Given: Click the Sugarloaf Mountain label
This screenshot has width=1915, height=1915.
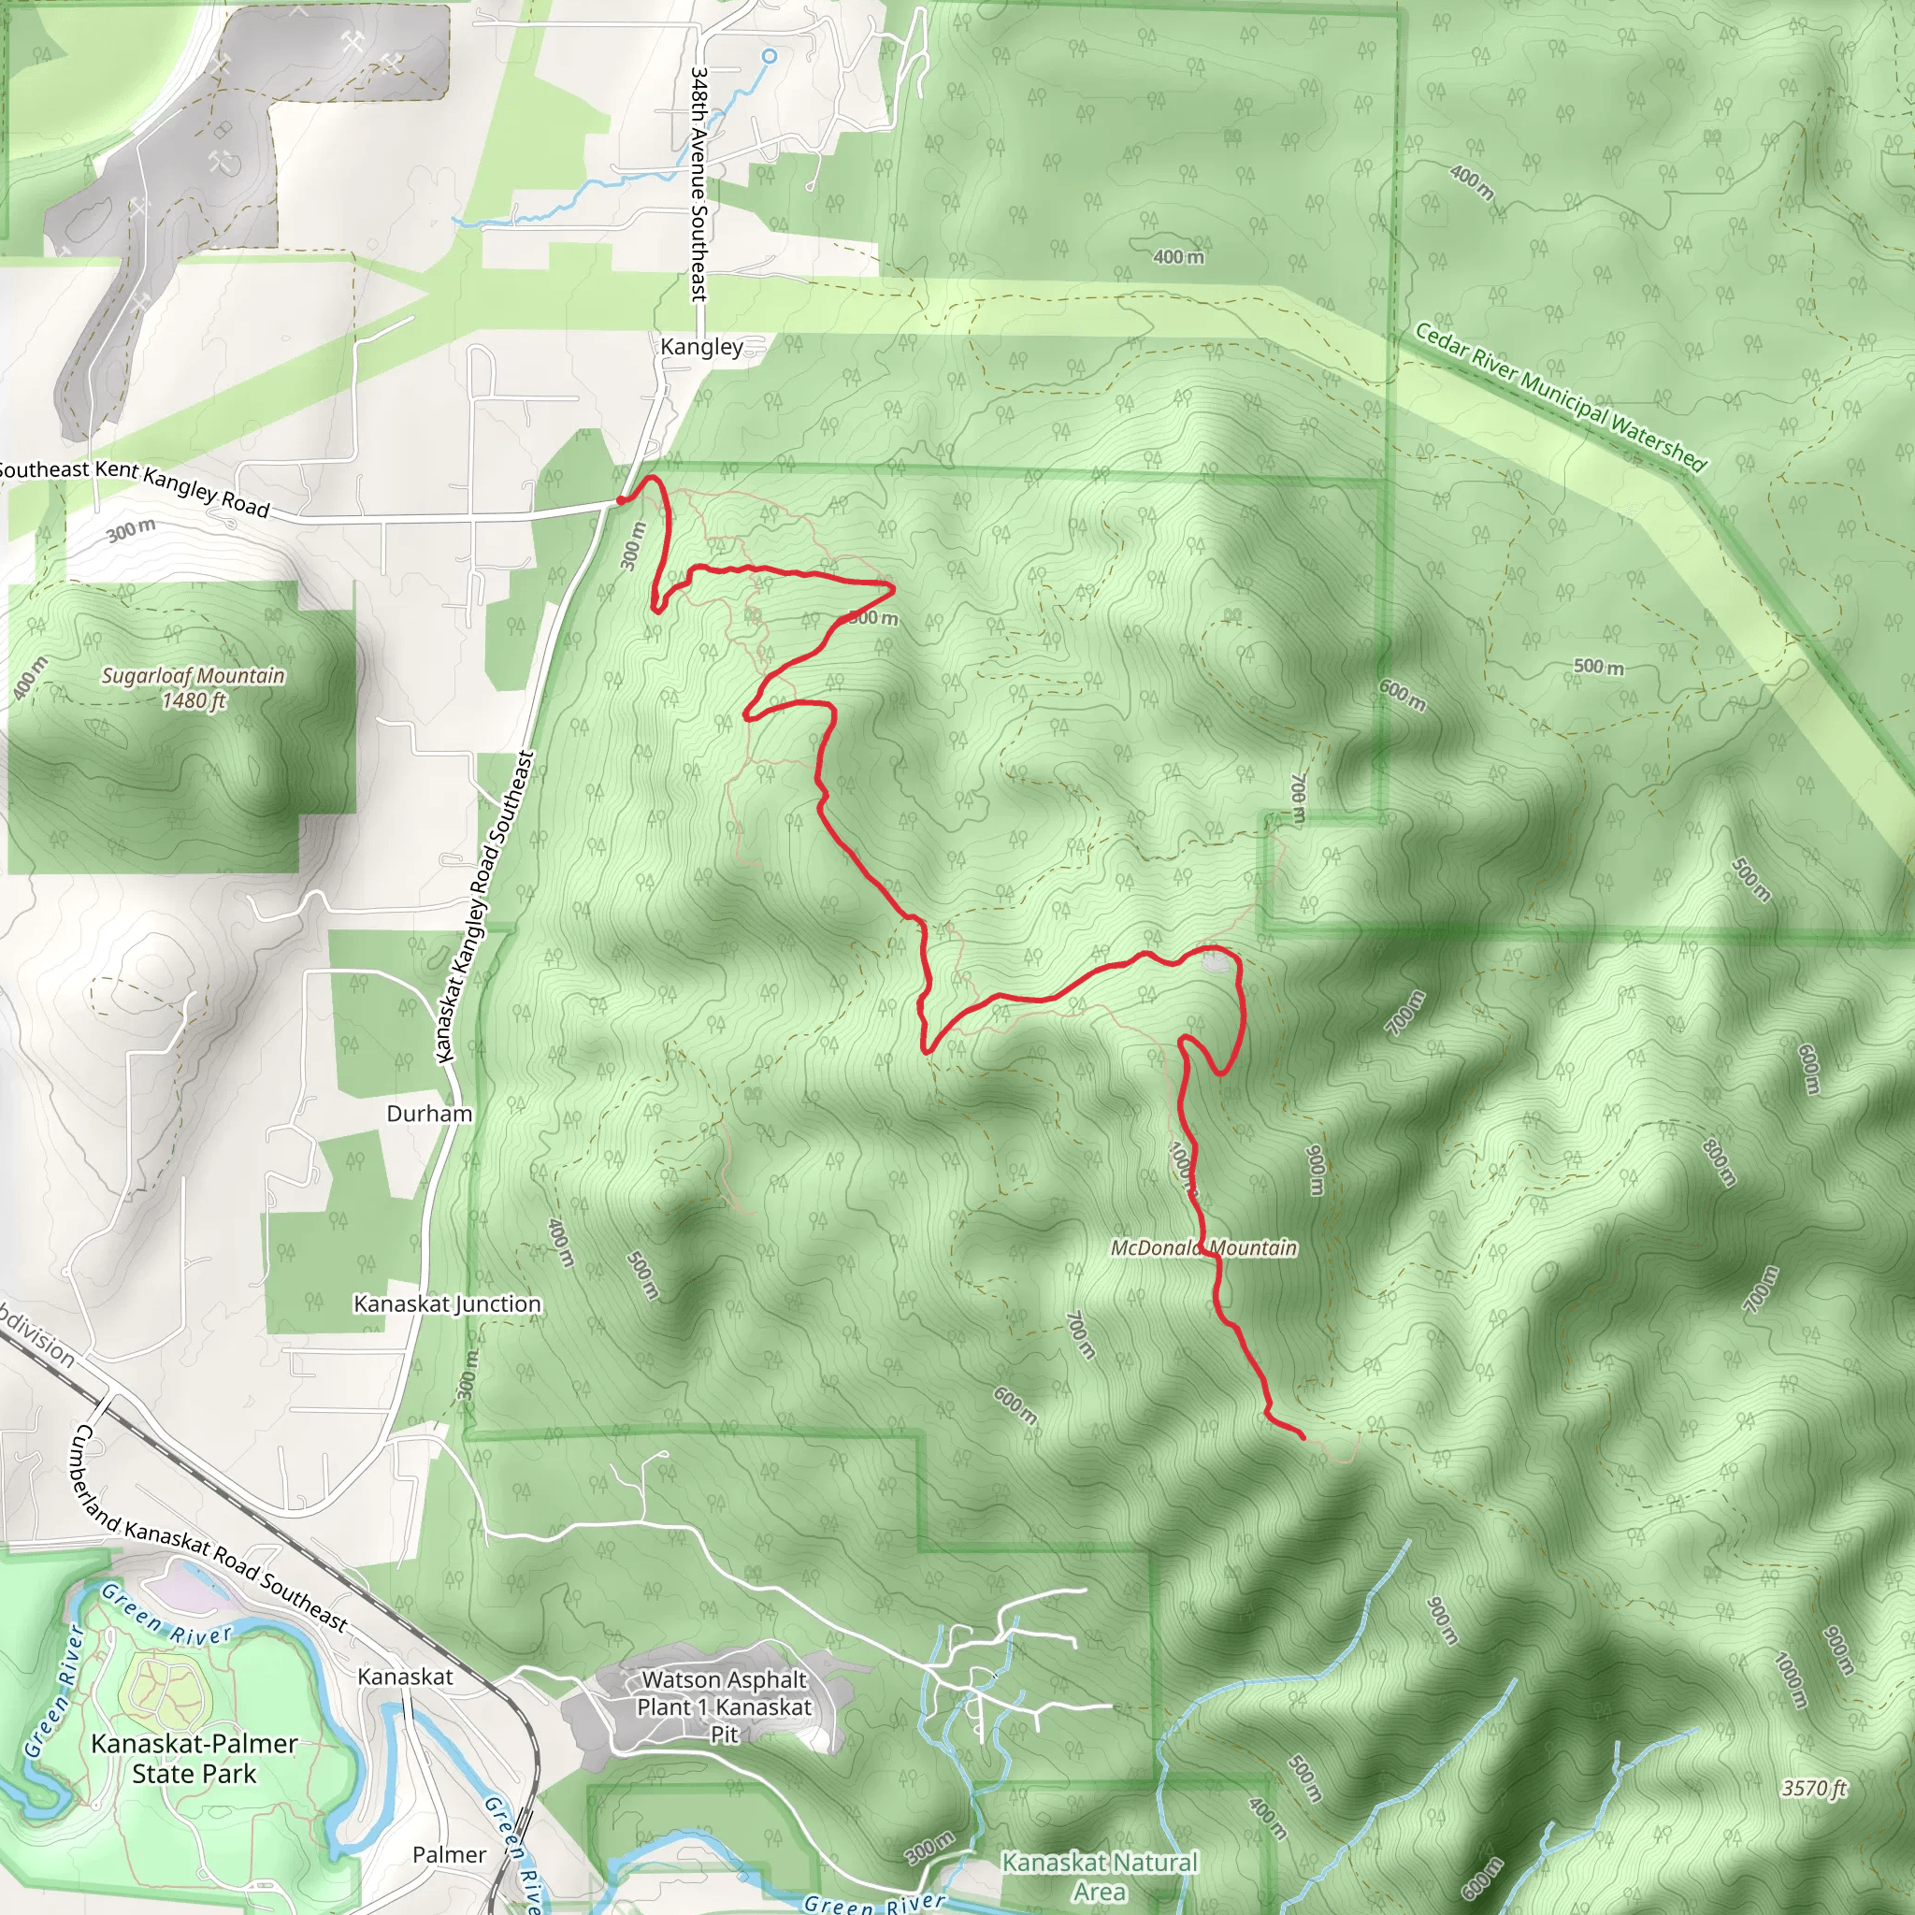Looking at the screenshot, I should [x=194, y=676].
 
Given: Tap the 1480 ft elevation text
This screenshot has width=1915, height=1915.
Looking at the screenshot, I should [x=194, y=700].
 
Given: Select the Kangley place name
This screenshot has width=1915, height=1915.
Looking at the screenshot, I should [x=700, y=347].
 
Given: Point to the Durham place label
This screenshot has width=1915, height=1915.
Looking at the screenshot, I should [x=429, y=1113].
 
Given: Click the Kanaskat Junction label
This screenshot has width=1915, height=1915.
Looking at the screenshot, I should [x=447, y=1303].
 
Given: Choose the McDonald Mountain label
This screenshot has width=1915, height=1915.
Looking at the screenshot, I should [x=1203, y=1248].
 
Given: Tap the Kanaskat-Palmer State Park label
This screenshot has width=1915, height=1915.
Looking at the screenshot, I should [x=194, y=1759].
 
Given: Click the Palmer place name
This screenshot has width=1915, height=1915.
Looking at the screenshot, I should [x=449, y=1854].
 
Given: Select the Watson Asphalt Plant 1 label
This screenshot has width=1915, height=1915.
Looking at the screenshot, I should [x=725, y=1693].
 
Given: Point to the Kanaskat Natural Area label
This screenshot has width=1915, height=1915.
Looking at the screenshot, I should [x=1100, y=1877].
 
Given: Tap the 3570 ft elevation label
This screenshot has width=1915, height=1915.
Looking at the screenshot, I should [x=1814, y=1788].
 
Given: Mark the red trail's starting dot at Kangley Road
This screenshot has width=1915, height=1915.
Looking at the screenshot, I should [x=622, y=500].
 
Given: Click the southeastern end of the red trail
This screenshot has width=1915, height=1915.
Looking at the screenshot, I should [x=1303, y=1436].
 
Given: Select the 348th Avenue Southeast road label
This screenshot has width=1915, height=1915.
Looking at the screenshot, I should [x=698, y=184].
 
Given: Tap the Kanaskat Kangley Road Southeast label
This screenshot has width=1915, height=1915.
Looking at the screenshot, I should [x=484, y=908].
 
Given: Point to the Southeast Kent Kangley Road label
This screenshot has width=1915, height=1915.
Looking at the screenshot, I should [x=134, y=484].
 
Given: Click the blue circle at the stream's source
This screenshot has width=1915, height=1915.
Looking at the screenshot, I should [x=770, y=56].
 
